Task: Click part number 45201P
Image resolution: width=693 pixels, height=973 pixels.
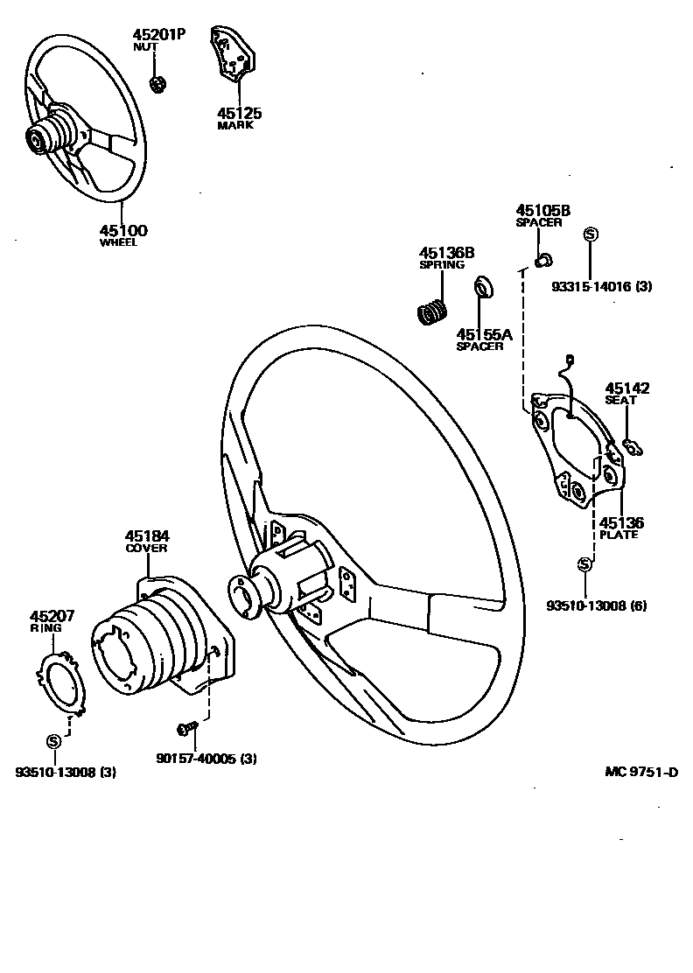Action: tap(158, 34)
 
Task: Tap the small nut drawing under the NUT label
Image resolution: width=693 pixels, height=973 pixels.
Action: tap(158, 84)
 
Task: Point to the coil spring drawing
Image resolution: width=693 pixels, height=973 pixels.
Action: tap(431, 311)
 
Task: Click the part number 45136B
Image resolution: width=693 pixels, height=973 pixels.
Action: tap(446, 253)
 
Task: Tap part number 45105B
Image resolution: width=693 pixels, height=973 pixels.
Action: tap(542, 210)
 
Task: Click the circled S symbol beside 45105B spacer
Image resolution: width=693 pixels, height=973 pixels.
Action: tap(590, 234)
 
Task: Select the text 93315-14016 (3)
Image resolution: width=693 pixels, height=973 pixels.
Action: tap(601, 286)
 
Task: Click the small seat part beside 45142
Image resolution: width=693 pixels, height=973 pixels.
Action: tap(633, 449)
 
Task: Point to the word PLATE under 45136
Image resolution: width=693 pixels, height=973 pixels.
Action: tap(619, 535)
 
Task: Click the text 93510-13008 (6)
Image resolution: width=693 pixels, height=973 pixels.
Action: tap(596, 605)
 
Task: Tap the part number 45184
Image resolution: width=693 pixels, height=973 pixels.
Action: tap(146, 535)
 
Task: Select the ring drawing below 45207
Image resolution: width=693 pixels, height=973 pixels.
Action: tap(63, 683)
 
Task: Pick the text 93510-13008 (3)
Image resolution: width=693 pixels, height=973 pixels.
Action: tap(65, 772)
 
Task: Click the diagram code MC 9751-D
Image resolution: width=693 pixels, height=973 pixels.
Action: tap(642, 772)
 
